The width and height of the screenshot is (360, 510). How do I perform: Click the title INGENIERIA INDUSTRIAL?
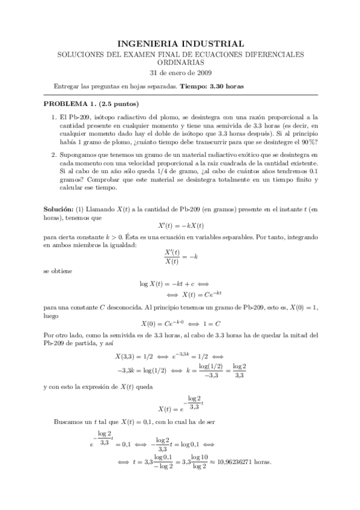click(180, 44)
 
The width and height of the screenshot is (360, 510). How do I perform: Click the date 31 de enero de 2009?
click(180, 74)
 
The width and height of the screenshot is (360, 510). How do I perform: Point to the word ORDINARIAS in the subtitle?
click(180, 63)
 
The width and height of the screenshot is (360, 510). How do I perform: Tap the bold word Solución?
click(61, 207)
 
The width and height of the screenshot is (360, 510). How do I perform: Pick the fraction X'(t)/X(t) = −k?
click(180, 256)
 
